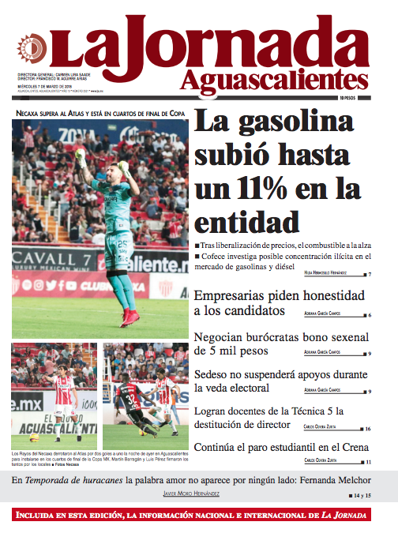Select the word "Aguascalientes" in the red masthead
(x=273, y=81)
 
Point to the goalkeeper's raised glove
(x=79, y=155)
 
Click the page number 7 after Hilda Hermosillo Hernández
(x=369, y=274)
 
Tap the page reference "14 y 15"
(x=361, y=494)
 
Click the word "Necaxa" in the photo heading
(x=30, y=112)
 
